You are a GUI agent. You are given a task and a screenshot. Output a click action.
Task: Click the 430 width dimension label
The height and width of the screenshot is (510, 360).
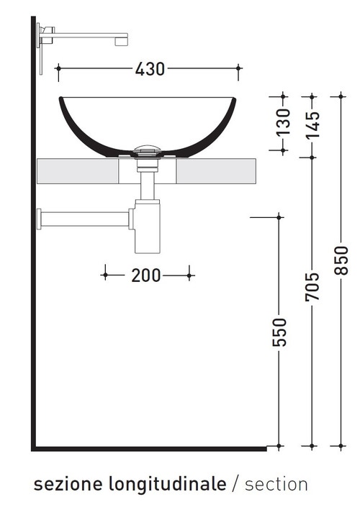coord(150,69)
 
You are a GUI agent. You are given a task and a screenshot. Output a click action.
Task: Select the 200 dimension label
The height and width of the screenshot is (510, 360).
coord(146,275)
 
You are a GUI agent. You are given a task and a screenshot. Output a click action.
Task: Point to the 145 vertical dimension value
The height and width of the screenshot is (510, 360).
coord(312,122)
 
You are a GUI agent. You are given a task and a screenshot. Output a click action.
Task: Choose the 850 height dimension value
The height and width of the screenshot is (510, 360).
coord(341,260)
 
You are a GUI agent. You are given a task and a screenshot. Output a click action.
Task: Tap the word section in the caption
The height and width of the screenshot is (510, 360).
coord(276,484)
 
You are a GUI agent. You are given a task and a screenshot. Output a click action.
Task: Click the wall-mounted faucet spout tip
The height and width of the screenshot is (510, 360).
coord(122,40)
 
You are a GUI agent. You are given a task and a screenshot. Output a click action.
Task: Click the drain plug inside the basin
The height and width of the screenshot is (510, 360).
coord(147,151)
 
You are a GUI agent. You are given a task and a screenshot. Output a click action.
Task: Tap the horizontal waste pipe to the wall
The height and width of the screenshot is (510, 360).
coord(86,217)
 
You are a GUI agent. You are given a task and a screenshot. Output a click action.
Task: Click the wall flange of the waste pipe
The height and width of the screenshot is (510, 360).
coord(40,217)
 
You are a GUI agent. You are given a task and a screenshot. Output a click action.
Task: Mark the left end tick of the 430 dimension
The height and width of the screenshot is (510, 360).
coord(58,69)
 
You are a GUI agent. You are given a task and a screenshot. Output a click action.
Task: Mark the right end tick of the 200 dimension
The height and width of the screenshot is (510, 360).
coord(189,275)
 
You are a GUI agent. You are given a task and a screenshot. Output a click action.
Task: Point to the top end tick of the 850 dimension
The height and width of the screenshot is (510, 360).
coord(341,95)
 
